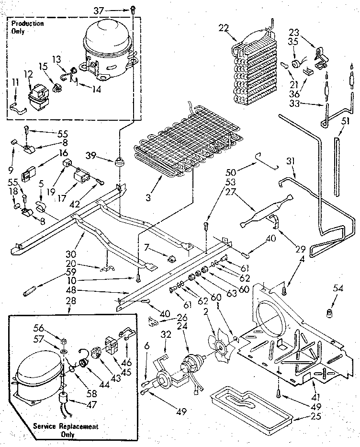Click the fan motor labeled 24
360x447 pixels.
(190, 369)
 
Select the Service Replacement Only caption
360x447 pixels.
(66, 430)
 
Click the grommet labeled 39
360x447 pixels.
(117, 159)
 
